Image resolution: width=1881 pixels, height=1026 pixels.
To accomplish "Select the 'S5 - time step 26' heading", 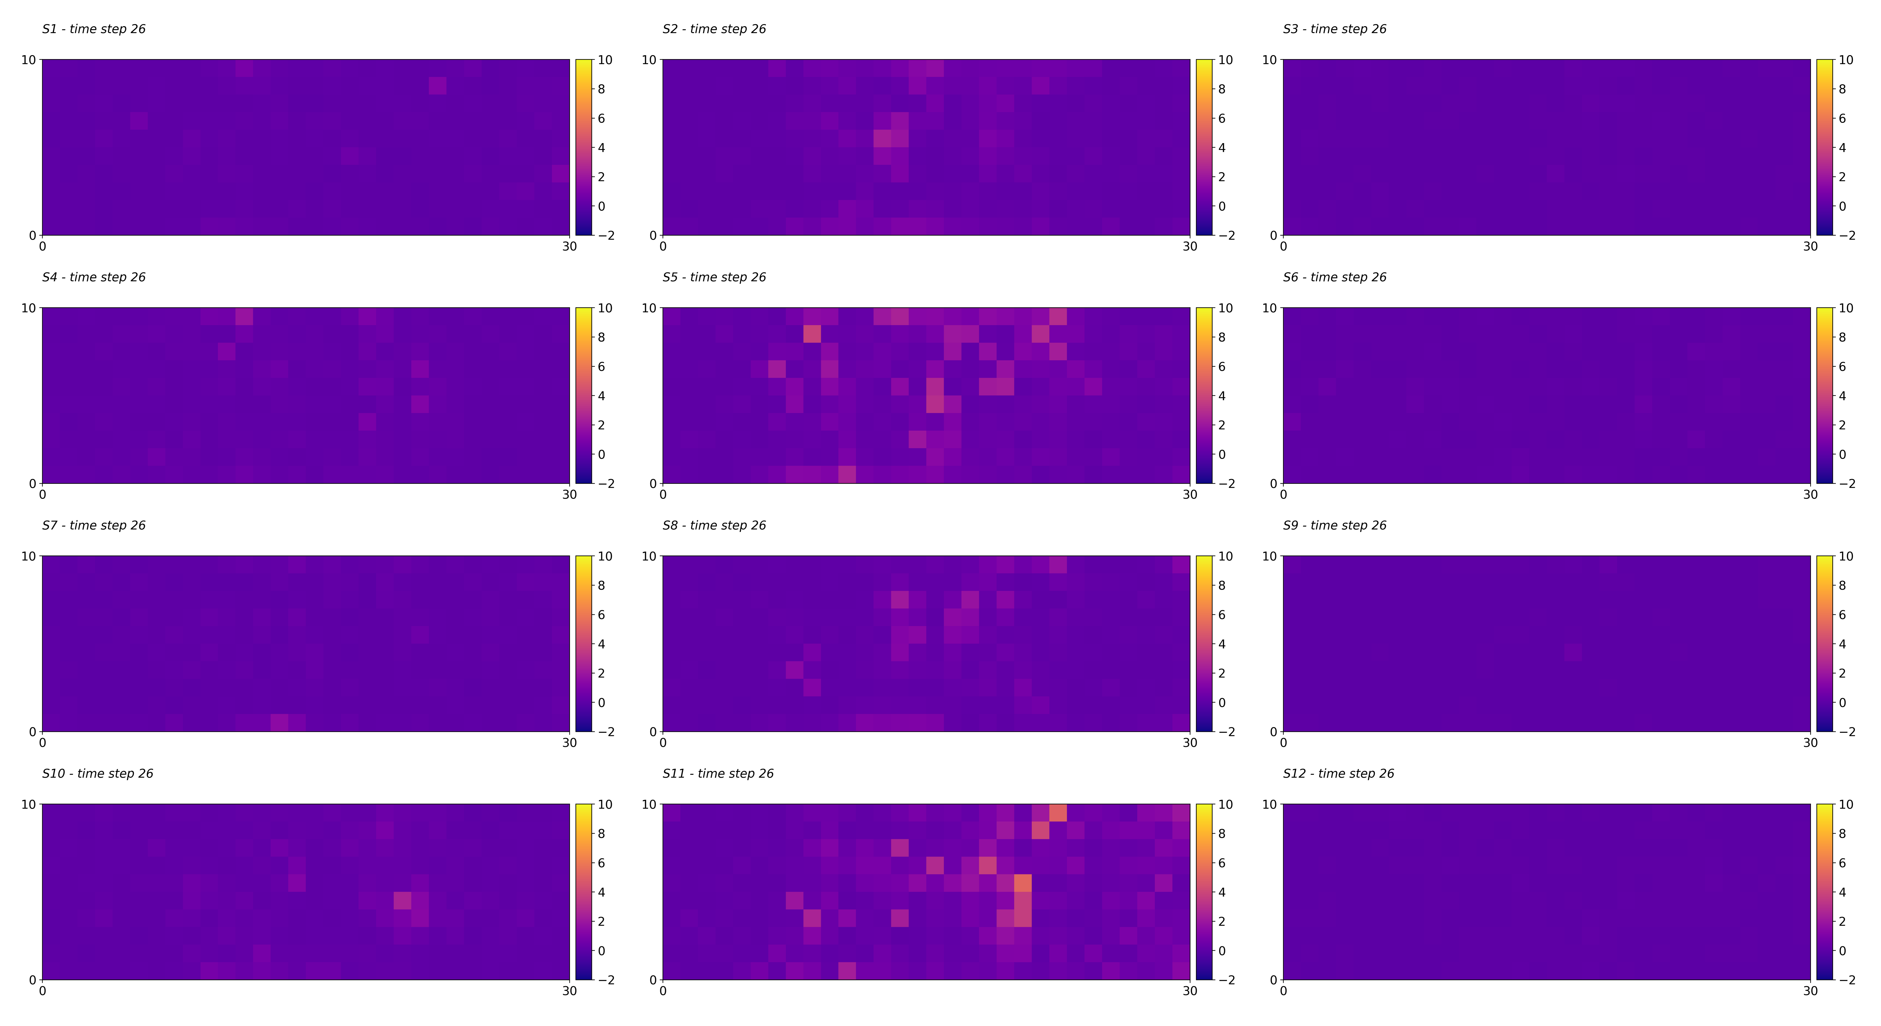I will pos(714,278).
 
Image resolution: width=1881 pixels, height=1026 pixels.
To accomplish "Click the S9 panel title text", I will pos(1335,526).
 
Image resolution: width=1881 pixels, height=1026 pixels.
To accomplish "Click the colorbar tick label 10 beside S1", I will pos(605,60).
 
